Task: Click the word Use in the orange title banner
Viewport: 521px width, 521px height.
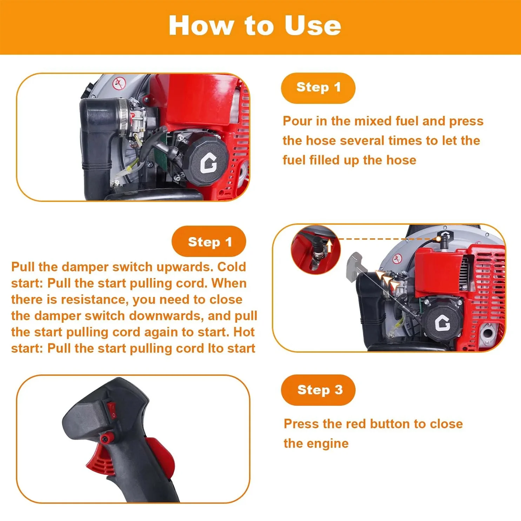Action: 312,26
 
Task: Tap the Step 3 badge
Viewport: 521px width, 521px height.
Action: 318,390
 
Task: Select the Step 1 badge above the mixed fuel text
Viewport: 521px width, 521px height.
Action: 318,88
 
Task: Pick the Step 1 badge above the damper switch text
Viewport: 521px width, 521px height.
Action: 209,241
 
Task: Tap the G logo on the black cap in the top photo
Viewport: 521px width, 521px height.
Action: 209,163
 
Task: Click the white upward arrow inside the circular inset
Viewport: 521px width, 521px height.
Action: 329,246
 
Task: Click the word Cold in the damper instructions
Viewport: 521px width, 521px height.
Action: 232,267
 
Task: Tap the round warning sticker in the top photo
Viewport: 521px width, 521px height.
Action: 119,84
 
